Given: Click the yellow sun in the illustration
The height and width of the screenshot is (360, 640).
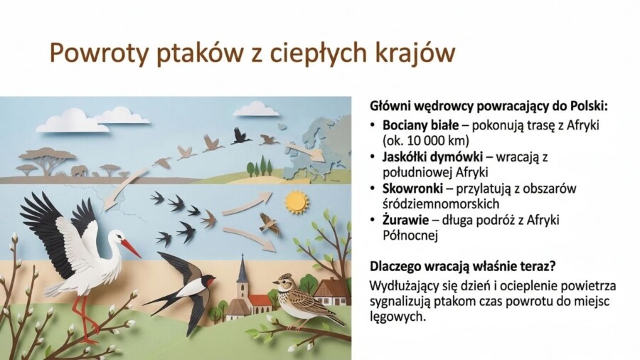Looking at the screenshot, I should coord(296,201).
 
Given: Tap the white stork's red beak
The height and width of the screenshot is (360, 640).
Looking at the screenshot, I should coord(130,248).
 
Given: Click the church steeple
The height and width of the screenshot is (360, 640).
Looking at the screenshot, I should coord(242,274).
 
